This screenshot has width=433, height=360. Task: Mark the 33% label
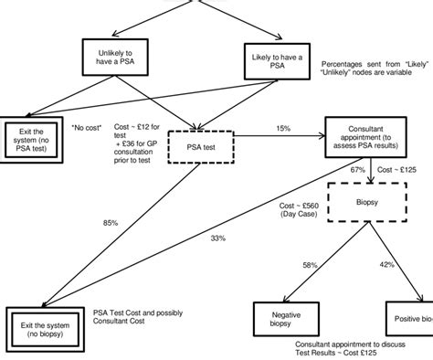[x=217, y=238]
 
